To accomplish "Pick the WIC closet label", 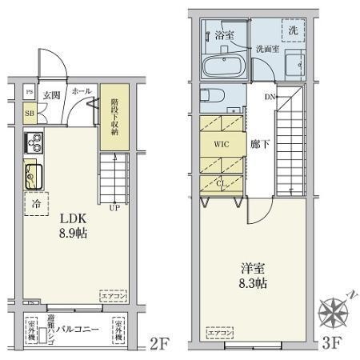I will point(222,146).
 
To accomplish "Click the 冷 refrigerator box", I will point(36,203).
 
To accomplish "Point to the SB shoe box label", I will point(29,113).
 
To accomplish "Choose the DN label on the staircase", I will point(270,98).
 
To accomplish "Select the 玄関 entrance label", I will point(51,94).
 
